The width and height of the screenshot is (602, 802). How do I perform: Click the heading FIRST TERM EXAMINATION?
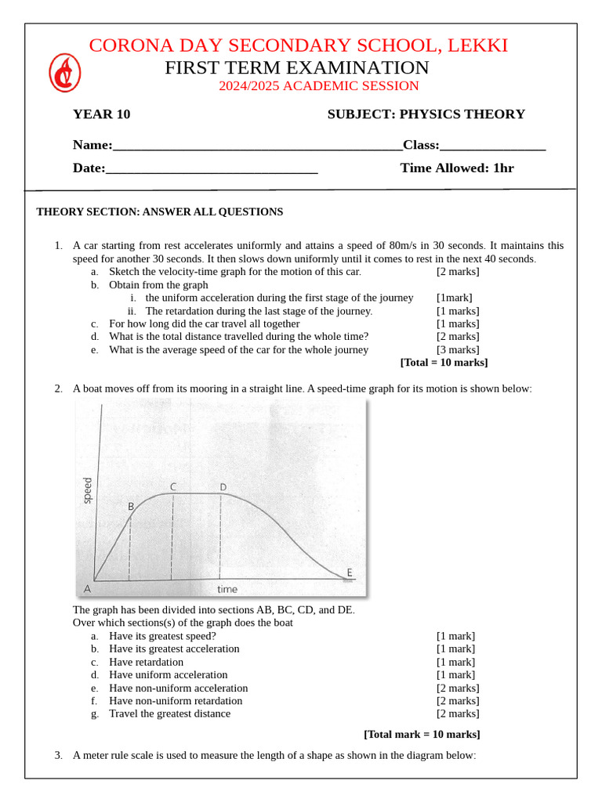coord(296,67)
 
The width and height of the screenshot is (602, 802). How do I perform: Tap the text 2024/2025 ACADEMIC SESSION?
coord(318,86)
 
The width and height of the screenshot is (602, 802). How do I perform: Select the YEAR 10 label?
coord(101,114)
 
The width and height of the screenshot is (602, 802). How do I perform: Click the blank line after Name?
coord(257,146)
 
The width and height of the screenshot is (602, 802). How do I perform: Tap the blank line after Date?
coord(211,168)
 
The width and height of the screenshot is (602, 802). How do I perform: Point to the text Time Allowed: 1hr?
coord(457,168)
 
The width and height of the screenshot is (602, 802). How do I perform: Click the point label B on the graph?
coord(131,507)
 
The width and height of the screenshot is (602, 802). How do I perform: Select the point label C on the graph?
coord(172,487)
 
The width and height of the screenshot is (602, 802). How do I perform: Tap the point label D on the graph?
coord(223,487)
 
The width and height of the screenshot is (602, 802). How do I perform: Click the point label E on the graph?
coord(350,573)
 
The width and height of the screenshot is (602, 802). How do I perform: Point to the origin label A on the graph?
coord(86,588)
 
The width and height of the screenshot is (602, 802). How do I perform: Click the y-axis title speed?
coord(88,490)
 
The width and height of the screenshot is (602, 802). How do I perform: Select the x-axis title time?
coord(227,589)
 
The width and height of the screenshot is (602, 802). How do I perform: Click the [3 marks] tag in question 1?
coord(458,350)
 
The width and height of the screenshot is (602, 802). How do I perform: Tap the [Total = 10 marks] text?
coord(444,363)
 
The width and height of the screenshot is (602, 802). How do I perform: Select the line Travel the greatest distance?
coord(169,713)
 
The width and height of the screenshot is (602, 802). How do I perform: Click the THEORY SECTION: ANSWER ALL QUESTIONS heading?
coord(160,212)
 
